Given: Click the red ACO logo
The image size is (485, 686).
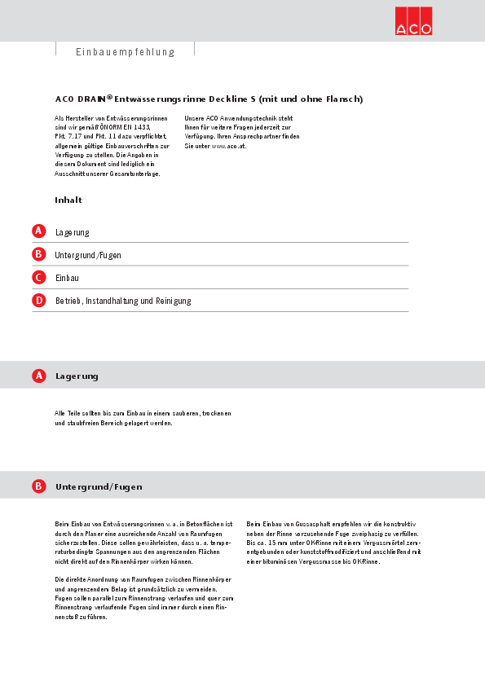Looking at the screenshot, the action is pos(413,21).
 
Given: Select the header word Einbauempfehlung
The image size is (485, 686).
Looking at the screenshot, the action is pos(126,52).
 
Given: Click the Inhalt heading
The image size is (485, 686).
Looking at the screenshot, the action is pos(68,200).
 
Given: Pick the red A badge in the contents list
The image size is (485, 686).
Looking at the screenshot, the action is pos(38,231).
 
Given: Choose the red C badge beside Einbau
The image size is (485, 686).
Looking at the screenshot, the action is pos(38,277).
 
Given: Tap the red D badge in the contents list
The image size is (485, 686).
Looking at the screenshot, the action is pos(38,300).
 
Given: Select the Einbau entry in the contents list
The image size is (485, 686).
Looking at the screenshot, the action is pos(67,278).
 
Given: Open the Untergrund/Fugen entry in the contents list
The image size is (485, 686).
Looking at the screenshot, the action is pos(88,255).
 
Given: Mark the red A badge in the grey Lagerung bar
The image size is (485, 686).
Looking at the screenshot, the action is pos(38,376).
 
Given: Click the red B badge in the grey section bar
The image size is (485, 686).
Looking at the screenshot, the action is pos(38,486).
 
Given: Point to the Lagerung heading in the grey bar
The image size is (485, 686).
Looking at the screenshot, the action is pos(77,376).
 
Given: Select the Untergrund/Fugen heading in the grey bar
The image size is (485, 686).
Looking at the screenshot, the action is pos(99,487).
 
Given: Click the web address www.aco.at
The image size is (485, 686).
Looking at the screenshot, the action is pos(228,146).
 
